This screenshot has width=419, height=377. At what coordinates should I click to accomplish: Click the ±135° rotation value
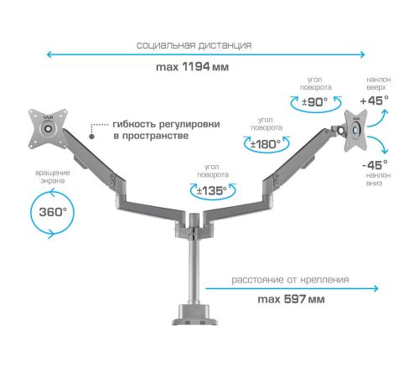tap(212, 191)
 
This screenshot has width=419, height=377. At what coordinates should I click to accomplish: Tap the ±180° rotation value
tap(266, 144)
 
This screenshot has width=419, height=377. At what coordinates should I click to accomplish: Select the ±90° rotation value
tap(315, 102)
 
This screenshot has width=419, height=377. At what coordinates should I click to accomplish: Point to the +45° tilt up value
tap(375, 101)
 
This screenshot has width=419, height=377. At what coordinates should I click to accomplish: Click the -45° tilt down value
tap(375, 165)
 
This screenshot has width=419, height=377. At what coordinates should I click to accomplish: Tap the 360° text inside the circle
tap(53, 212)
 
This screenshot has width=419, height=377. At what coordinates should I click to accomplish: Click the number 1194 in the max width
tap(196, 67)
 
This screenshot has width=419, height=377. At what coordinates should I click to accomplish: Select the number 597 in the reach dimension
tap(295, 299)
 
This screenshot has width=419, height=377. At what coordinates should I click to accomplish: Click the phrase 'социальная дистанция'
tap(194, 45)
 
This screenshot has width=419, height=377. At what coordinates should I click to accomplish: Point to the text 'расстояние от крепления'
tap(290, 280)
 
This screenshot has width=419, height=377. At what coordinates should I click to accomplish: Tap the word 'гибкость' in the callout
tap(134, 124)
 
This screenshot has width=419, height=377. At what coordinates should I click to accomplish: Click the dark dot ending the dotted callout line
tap(91, 137)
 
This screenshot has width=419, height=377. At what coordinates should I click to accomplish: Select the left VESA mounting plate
tap(49, 129)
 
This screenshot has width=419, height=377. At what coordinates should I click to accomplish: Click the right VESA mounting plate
tap(355, 131)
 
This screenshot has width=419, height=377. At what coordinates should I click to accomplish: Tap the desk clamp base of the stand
tap(194, 315)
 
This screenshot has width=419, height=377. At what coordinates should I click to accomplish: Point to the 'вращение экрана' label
tap(53, 177)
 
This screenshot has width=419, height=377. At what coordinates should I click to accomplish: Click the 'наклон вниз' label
tap(378, 179)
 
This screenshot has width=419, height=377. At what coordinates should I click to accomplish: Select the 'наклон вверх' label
tap(379, 83)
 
